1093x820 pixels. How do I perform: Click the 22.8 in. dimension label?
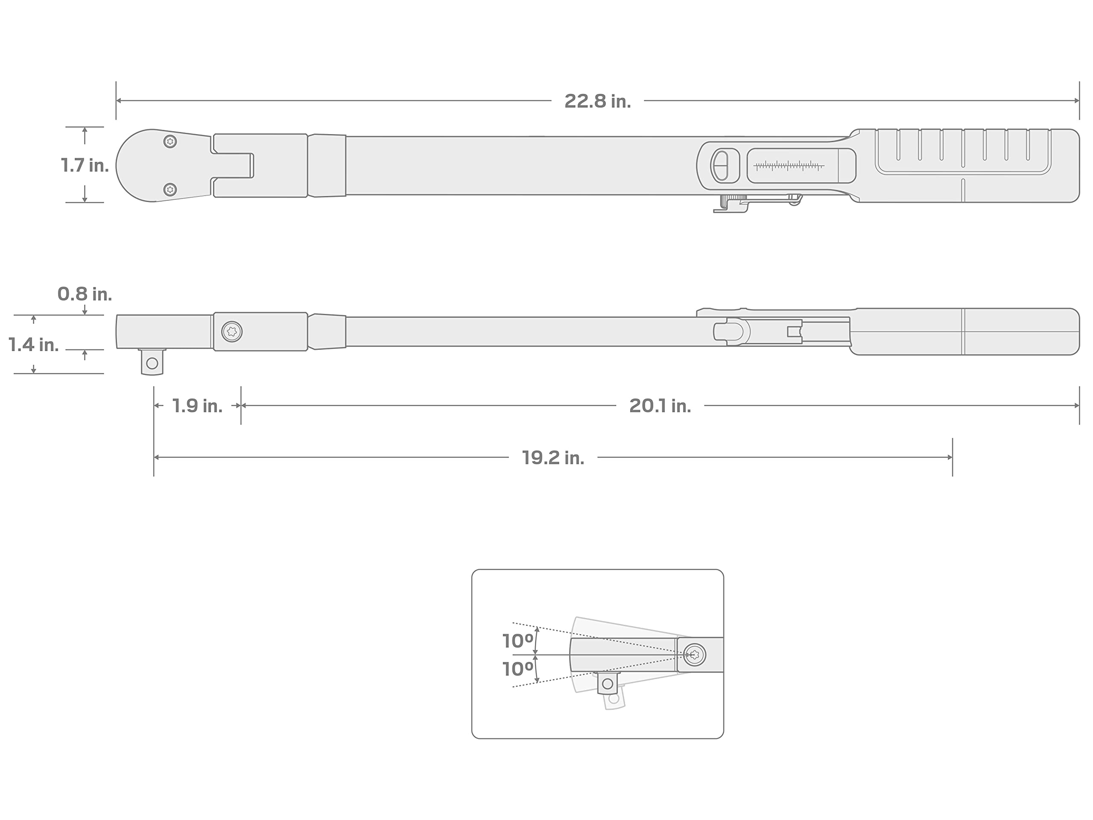point(597,101)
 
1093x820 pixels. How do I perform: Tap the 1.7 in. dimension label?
point(85,165)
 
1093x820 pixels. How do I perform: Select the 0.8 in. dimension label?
point(85,294)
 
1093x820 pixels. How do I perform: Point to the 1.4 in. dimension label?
point(34,345)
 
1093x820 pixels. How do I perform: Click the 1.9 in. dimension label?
point(197,406)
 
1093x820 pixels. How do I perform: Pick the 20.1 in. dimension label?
point(660,406)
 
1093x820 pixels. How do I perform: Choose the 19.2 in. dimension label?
point(553,458)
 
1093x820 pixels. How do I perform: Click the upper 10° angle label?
point(517,641)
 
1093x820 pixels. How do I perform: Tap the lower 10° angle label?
point(517,669)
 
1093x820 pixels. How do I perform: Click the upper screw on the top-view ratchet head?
point(170,142)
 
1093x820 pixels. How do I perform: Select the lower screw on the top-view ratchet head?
point(170,189)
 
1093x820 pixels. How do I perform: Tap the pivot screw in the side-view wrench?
point(232,332)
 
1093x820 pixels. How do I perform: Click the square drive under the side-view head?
point(152,362)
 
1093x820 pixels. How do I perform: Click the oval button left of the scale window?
point(722,166)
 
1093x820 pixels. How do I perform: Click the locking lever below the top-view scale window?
point(757,203)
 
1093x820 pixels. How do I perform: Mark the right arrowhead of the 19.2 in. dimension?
point(950,458)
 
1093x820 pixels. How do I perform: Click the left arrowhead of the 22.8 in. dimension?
point(119,101)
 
